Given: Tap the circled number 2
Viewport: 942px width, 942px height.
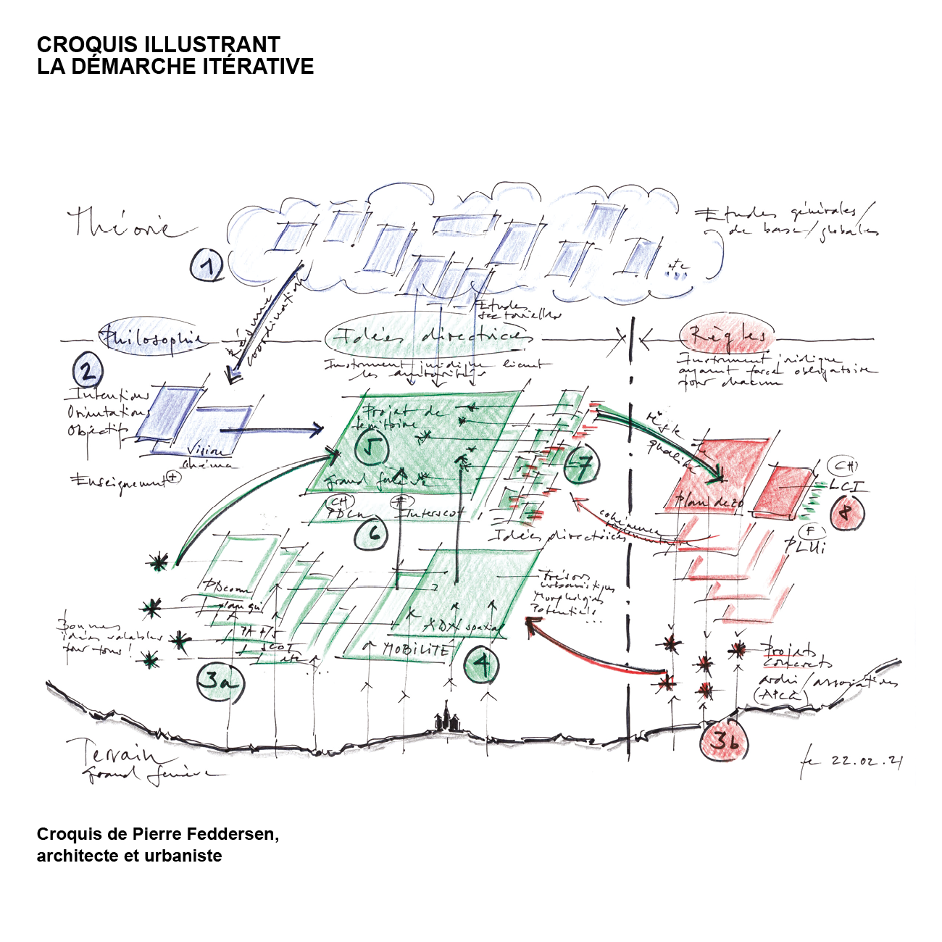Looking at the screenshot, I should (x=88, y=372).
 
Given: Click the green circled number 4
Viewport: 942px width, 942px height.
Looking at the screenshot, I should (x=481, y=665).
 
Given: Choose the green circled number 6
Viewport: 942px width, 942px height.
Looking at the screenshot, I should (x=374, y=534).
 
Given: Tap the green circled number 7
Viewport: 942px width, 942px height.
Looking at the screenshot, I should (x=581, y=465).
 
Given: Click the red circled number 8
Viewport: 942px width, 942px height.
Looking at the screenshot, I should (x=844, y=513).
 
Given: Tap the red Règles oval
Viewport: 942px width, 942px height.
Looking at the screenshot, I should (x=727, y=335).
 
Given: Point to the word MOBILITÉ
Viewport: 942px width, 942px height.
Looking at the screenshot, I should (x=416, y=650).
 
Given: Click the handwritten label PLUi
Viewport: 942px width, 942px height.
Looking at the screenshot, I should (x=805, y=546).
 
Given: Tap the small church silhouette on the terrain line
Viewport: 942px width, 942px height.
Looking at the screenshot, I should (x=446, y=720).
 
